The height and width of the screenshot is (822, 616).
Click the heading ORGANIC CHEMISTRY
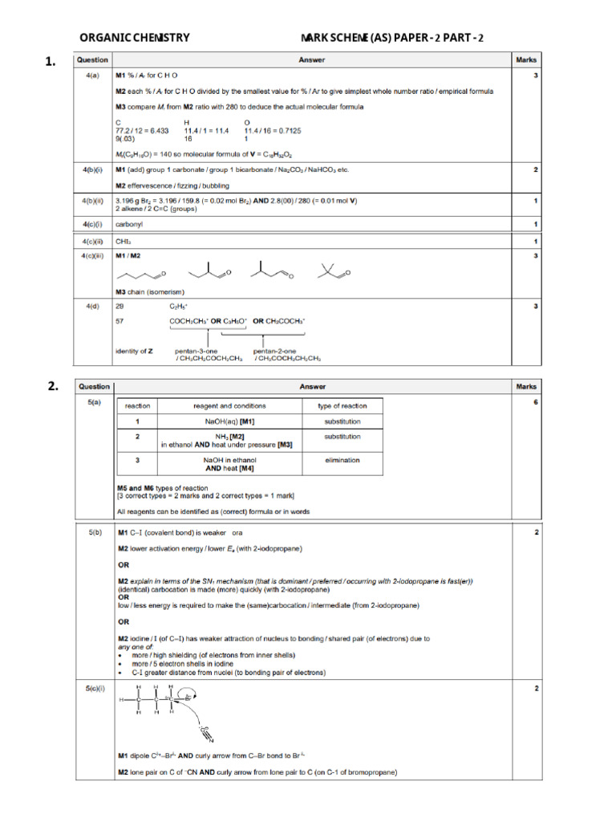[135, 37]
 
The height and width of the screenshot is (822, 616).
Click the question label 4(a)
[92, 75]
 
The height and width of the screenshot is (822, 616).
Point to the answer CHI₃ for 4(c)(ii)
[123, 241]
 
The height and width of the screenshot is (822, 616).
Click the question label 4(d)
[92, 307]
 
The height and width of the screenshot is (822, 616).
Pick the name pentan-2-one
[277, 351]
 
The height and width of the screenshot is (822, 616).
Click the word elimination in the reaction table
[342, 460]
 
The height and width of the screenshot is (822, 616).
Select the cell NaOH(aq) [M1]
[230, 421]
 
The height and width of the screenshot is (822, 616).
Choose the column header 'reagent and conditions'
[230, 405]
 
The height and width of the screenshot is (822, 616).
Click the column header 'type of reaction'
[342, 405]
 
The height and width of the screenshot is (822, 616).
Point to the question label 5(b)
[94, 531]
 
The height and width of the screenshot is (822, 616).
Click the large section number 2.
[53, 386]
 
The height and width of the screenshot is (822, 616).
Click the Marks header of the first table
[526, 59]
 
